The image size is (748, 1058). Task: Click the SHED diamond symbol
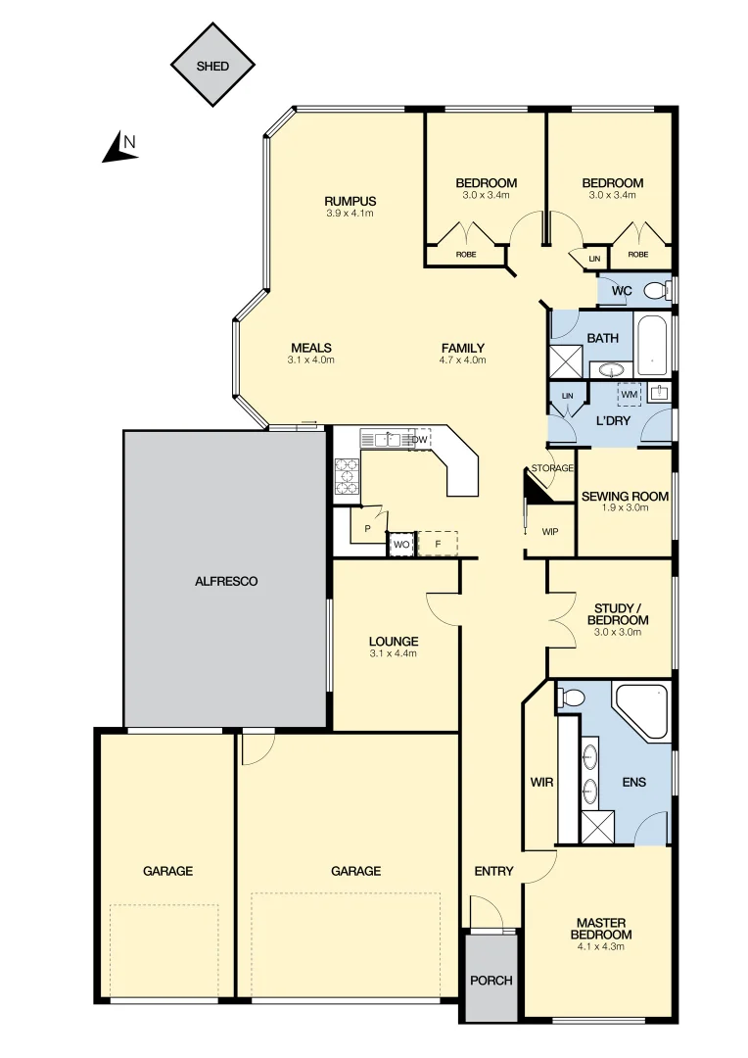212,67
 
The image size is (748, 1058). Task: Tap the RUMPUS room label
351,201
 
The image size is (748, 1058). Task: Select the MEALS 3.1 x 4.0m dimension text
311,361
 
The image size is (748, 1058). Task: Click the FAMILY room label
463,348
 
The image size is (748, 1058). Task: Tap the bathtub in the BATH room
651,344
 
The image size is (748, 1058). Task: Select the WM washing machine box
630,395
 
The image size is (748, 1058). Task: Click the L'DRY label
613,421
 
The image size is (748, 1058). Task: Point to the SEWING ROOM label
625,497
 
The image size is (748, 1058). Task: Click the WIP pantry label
549,532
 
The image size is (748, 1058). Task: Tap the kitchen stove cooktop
348,476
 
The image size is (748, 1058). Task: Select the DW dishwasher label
419,440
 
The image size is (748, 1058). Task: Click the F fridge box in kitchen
438,544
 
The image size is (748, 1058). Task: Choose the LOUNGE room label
394,642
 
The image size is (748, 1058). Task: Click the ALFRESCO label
225,581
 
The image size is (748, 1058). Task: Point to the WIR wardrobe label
541,783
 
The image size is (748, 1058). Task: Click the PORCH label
491,981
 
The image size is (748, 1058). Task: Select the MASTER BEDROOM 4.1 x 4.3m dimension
600,946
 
